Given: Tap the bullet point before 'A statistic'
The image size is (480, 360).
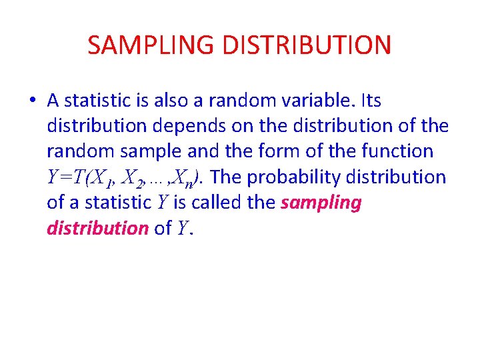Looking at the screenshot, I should pyautogui.click(x=32, y=101).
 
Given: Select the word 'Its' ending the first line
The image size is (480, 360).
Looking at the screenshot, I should pyautogui.click(x=370, y=101).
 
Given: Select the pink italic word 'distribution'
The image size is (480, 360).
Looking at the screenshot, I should pyautogui.click(x=97, y=228).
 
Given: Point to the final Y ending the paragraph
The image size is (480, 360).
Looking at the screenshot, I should pyautogui.click(x=182, y=229).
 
